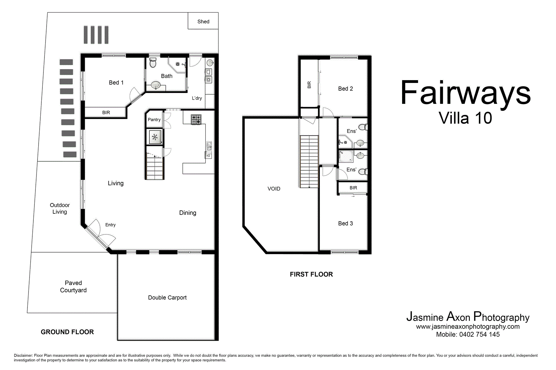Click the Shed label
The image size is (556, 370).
pos(203,22)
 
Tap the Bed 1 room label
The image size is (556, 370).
pos(116,83)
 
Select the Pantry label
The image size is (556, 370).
pos(154,120)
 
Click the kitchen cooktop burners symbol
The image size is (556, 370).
pos(196,119)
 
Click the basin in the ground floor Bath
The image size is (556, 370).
pos(156,85)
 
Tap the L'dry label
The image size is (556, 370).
pos(197,98)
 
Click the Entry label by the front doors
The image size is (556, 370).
pos(111,225)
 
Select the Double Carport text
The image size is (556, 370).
pos(167,297)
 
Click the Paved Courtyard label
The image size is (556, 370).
pos(73,287)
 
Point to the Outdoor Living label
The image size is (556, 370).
pos(60,208)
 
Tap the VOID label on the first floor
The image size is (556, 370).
pos(274,189)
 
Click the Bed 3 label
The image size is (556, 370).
pos(345,224)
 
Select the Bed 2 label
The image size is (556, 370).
pos(345,89)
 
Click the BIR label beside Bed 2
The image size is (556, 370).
pos(309,85)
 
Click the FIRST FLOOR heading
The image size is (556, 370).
pos(311,275)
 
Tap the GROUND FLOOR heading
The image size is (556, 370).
pos(67,332)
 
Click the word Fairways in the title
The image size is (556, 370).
pos(465,93)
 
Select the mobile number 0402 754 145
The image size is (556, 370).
pos(479,335)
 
